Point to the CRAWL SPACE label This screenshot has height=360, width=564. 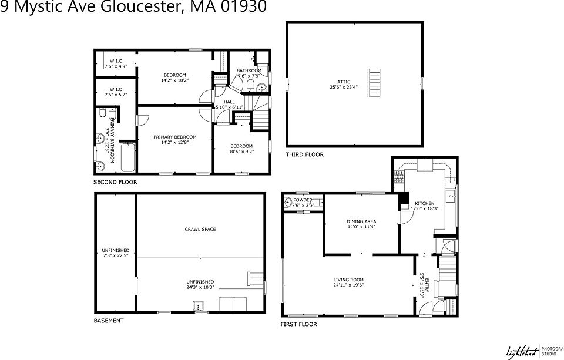point(200,229)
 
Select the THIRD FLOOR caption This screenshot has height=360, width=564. point(304,154)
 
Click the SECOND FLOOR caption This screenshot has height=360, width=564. point(115,183)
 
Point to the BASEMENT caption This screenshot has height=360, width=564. point(109,321)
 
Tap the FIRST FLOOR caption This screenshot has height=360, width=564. point(299,324)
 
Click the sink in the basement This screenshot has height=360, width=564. point(198,305)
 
